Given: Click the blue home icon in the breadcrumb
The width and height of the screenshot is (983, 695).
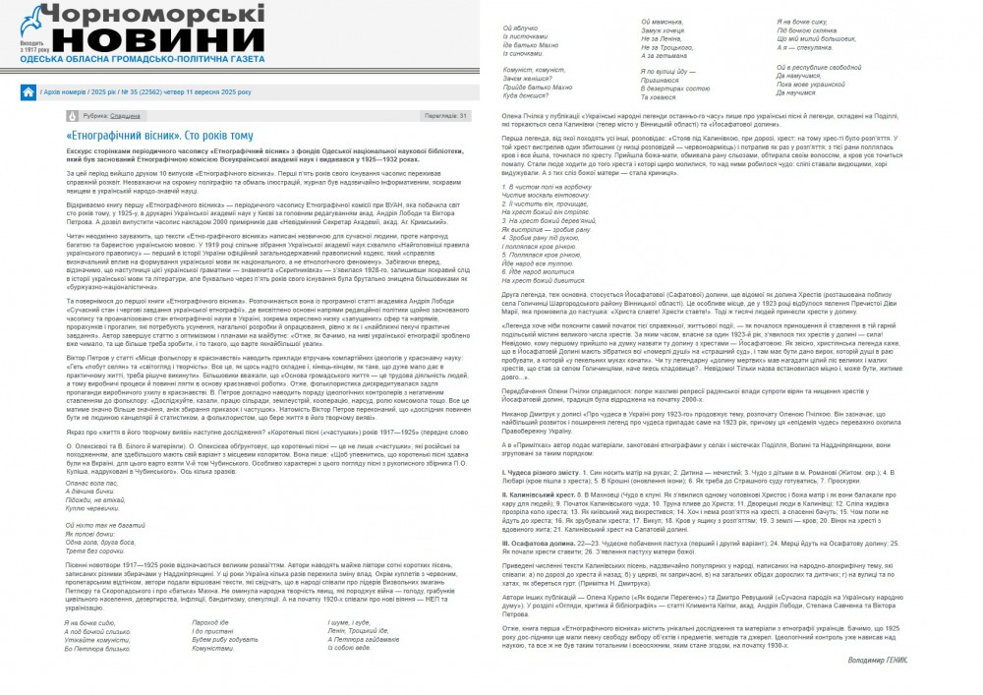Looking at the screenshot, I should (29, 92).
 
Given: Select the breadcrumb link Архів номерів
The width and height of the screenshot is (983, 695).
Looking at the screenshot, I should (64, 92).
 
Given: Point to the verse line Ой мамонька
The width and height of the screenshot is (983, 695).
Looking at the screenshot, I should (661, 22).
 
